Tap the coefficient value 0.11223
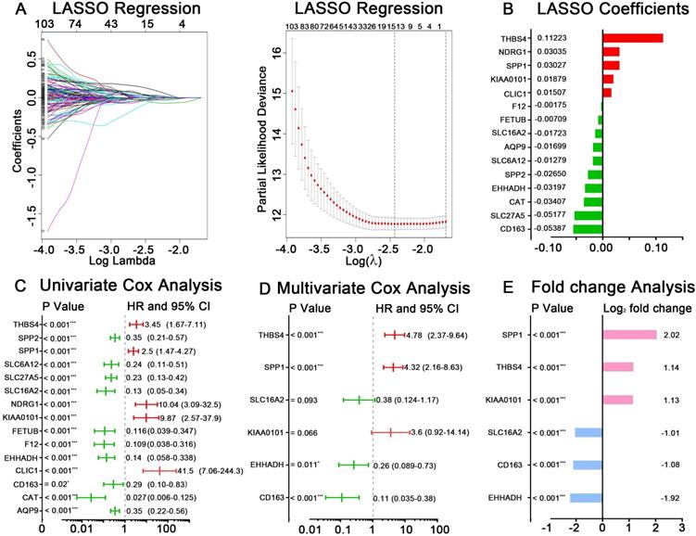(579, 38)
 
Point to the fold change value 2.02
(670, 335)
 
